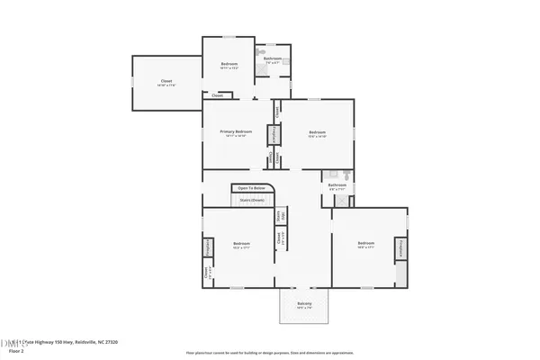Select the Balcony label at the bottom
click(305, 303)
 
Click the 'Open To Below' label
click(252, 188)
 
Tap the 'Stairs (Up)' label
click(279, 216)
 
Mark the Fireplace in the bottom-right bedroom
click(400, 248)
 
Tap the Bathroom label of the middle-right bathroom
click(337, 185)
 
